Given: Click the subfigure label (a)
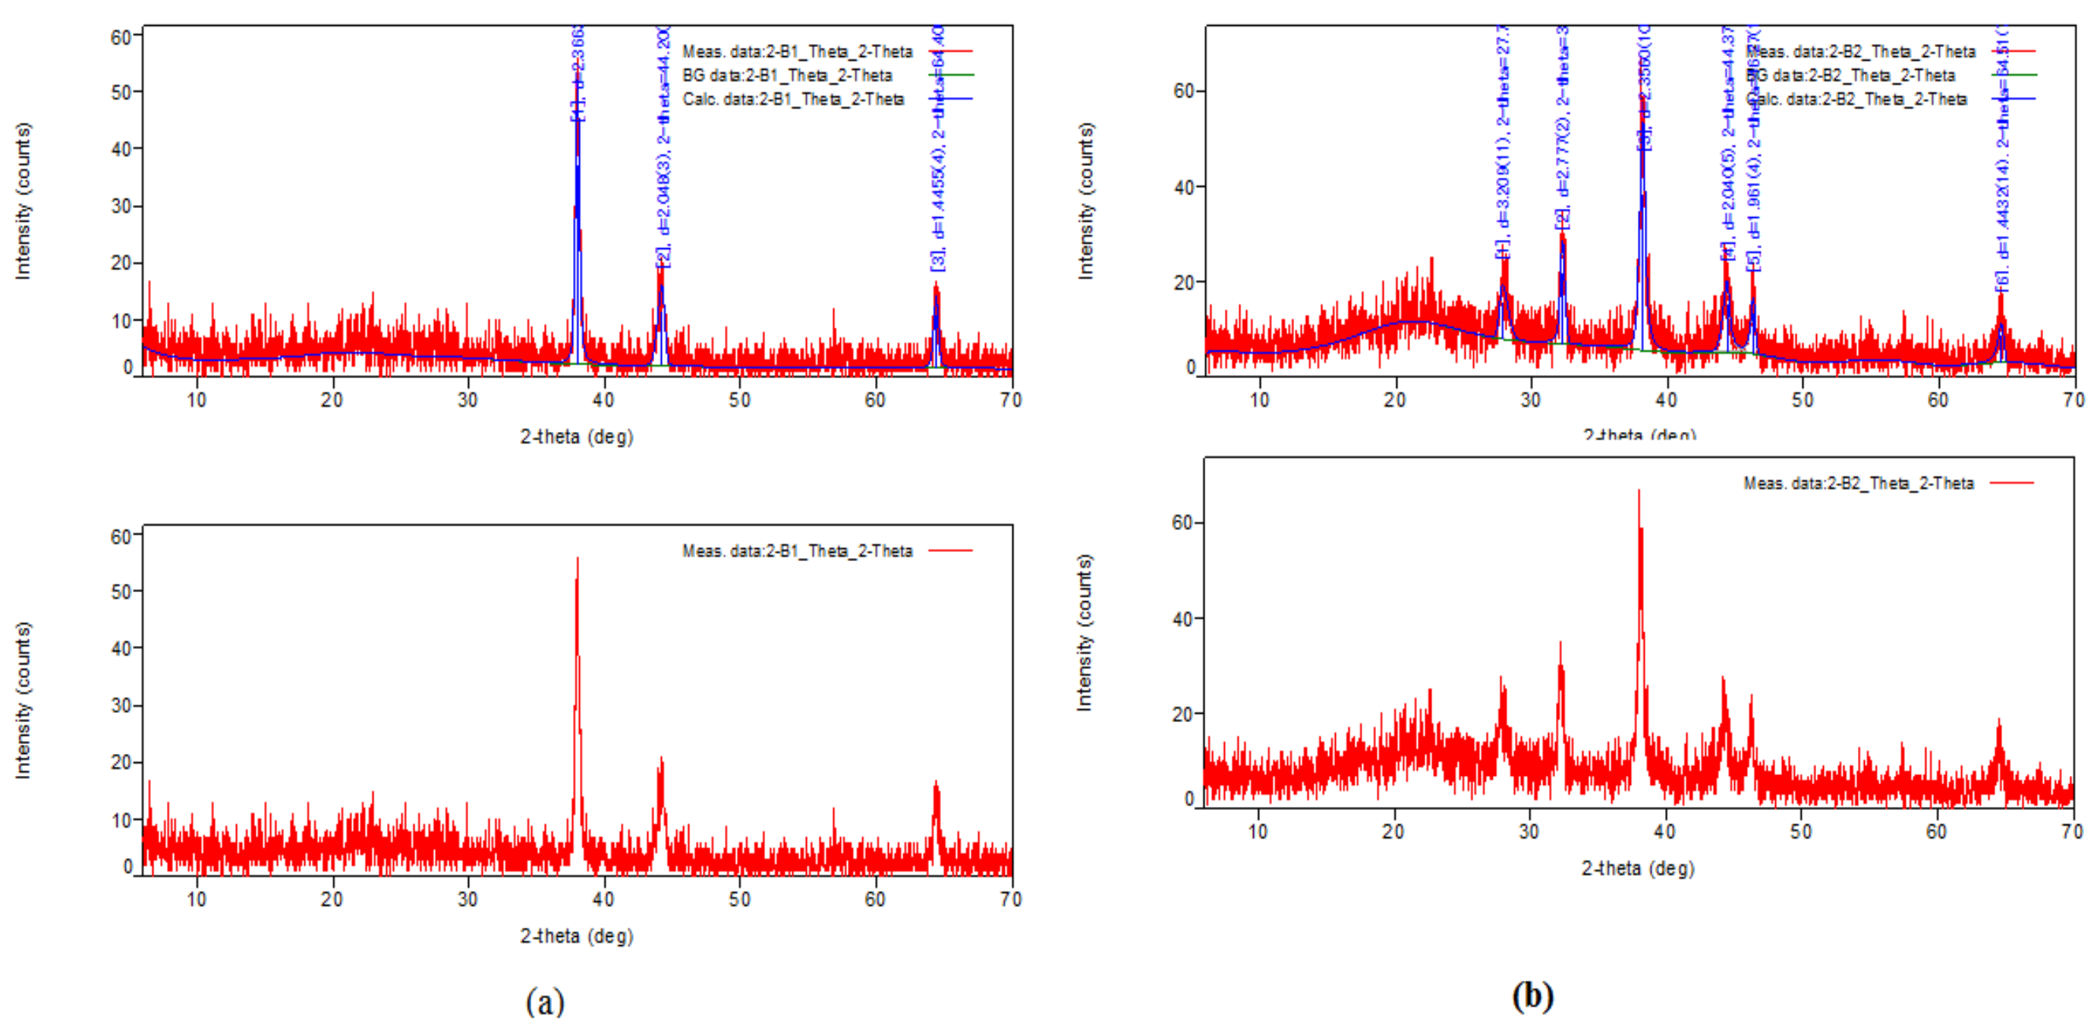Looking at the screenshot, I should point(545,1001).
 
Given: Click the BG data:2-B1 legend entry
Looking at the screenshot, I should point(787,76).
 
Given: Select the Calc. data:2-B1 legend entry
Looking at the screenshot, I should point(793,99).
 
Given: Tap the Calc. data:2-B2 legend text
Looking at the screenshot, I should point(1857,99).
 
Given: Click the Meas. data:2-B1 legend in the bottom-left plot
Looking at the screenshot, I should point(797,551).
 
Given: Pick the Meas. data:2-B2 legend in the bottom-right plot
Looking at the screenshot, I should point(1859,484).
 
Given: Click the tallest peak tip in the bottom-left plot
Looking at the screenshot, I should point(577,560).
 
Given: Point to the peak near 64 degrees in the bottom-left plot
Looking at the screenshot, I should point(935,783).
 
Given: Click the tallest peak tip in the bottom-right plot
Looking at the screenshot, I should point(1639,491).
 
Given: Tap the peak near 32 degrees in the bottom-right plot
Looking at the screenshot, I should point(1560,643).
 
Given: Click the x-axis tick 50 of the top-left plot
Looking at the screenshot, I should point(739,400).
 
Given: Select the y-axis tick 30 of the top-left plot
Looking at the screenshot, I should point(121,206).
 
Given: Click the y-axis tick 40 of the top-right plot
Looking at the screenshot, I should point(1184,188).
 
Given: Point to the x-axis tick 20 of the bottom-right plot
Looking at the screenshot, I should point(1393,831).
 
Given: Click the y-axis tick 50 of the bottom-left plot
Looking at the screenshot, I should point(121,592).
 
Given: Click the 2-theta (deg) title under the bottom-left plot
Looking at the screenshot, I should point(576,936).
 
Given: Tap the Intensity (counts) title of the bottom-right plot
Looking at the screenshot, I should point(1085,632).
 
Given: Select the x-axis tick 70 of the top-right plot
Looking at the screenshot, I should point(2073,400).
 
